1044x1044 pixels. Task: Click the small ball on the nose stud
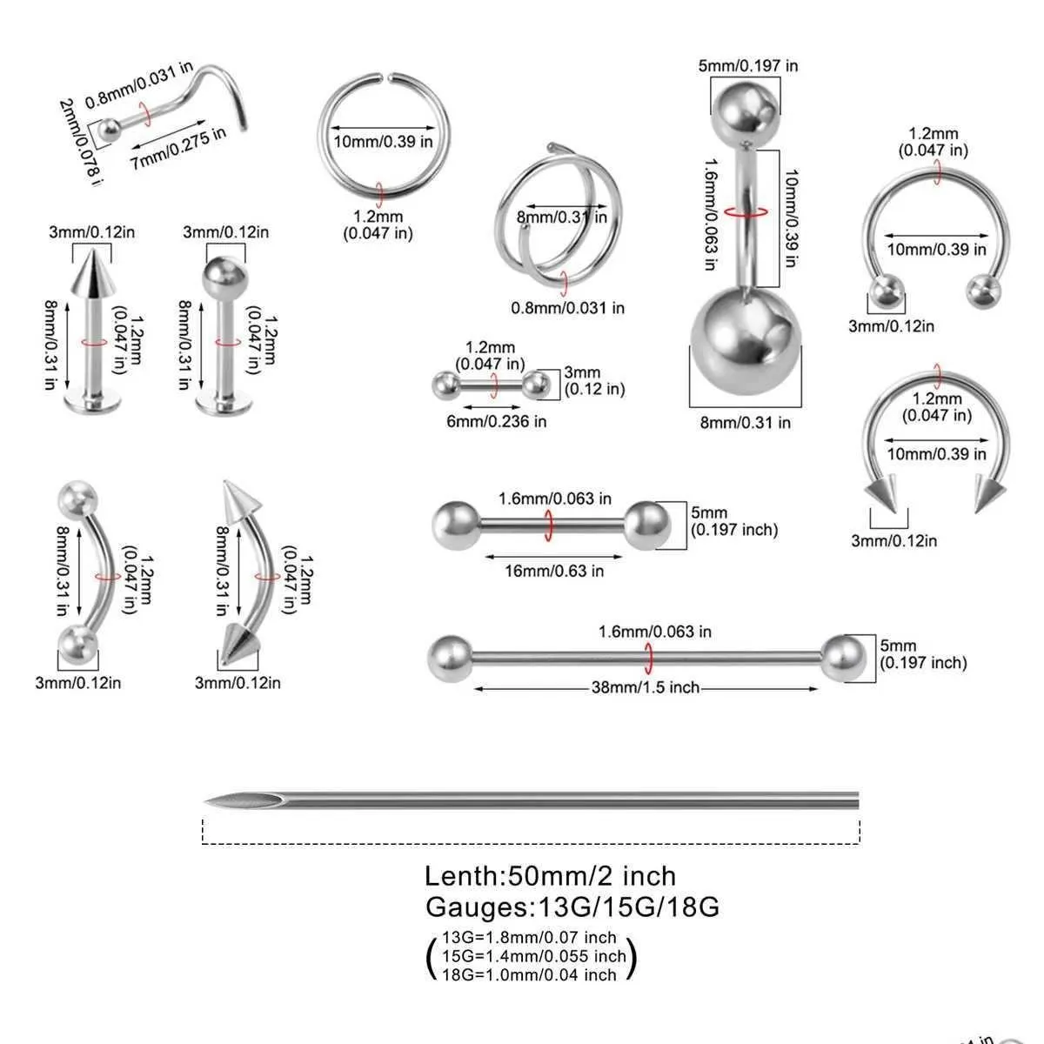pos(109,130)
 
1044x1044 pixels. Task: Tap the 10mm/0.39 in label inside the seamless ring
pos(383,142)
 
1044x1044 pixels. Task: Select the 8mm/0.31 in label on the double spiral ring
pos(561,217)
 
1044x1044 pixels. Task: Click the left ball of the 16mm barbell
pos(455,525)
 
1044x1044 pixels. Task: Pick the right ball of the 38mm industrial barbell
pos(845,659)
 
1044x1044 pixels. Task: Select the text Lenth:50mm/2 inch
pos(550,875)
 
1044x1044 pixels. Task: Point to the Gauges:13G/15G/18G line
pos(572,907)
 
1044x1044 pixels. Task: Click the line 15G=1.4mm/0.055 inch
pos(533,956)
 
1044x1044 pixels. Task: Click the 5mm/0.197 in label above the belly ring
pos(748,65)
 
